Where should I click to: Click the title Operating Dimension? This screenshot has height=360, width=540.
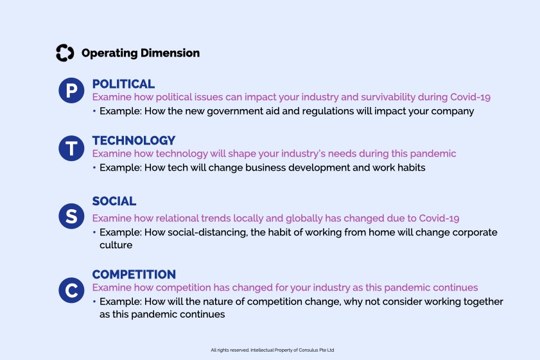pyautogui.click(x=141, y=53)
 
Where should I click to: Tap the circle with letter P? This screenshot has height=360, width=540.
pyautogui.click(x=71, y=90)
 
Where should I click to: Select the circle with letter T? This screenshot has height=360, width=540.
pyautogui.click(x=71, y=148)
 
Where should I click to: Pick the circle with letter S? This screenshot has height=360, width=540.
pyautogui.click(x=71, y=216)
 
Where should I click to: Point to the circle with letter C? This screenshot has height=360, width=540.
pyautogui.click(x=71, y=291)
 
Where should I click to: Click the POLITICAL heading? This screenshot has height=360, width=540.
pyautogui.click(x=123, y=84)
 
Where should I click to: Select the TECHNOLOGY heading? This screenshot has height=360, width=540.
pyautogui.click(x=134, y=141)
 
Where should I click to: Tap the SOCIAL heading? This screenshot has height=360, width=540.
pyautogui.click(x=114, y=201)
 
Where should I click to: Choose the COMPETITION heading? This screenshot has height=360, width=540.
pyautogui.click(x=134, y=274)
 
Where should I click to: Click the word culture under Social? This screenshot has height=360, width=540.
pyautogui.click(x=116, y=245)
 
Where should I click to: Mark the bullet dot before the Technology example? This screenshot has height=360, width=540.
pyautogui.click(x=94, y=167)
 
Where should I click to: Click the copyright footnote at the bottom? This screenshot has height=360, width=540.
pyautogui.click(x=272, y=350)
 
